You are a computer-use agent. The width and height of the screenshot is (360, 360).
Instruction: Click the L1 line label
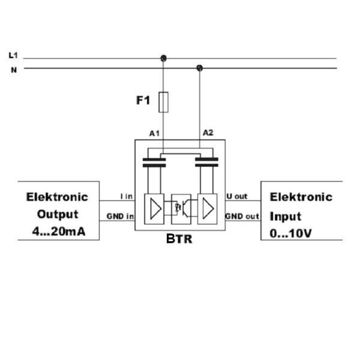13,55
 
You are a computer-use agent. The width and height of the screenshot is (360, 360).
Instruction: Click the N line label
13,70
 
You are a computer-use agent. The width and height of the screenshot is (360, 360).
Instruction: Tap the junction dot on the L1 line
163,58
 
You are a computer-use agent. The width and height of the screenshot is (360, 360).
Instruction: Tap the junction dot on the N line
200,68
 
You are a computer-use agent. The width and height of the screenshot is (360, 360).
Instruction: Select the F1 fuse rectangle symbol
163,102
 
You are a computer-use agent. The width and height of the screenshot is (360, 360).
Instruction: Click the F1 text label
142,100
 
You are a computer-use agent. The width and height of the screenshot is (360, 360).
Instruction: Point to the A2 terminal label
208,133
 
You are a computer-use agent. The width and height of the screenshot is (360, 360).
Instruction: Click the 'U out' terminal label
237,196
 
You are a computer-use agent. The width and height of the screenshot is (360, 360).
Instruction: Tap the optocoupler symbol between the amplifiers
181,208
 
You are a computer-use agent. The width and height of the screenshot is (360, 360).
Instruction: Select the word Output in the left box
58,214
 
